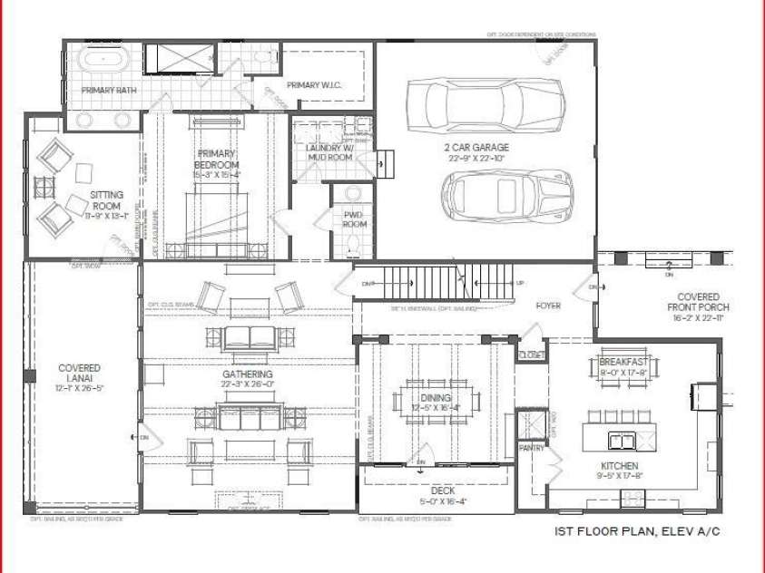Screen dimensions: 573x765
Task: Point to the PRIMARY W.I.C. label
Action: pos(314,85)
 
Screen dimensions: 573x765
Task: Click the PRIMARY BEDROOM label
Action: pos(217,160)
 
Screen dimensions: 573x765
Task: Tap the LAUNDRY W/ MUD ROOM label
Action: pos(329,151)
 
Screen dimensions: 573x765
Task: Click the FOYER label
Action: pos(549,306)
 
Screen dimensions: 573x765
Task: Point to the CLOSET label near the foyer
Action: pos(531,354)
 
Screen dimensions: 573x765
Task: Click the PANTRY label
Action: pos(531,447)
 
